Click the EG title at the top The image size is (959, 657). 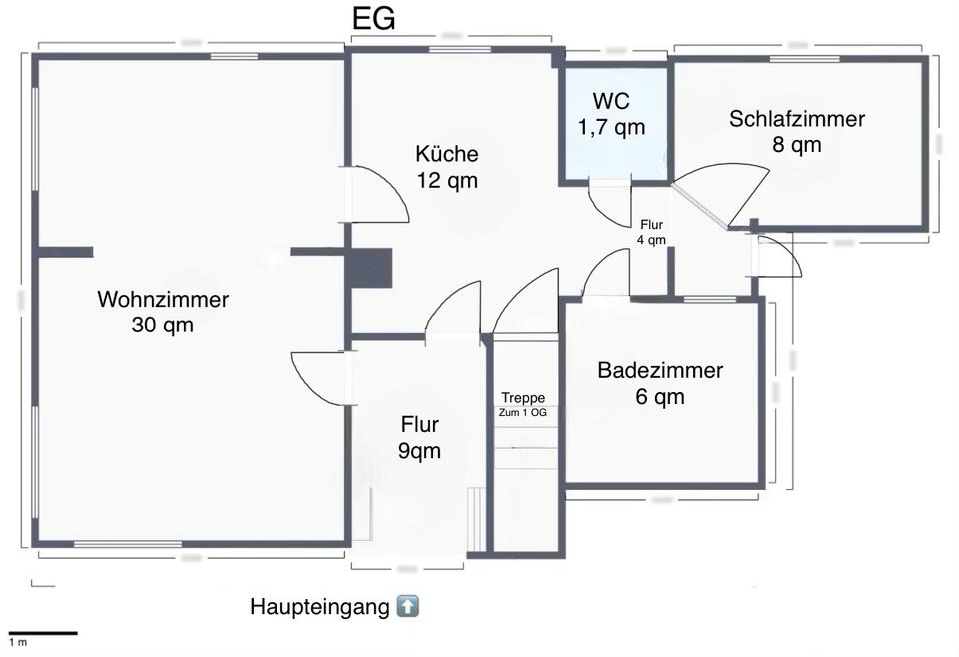[x=374, y=19]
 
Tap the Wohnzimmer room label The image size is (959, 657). [x=163, y=299]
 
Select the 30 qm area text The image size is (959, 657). [x=162, y=325]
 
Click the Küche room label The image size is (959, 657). [x=447, y=154]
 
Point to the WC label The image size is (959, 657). [x=611, y=101]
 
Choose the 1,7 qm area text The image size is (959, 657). [x=611, y=127]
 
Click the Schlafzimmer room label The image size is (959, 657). [x=796, y=119]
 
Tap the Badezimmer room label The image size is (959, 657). [x=660, y=371]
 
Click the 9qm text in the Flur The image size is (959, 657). [x=419, y=451]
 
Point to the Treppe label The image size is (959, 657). [x=523, y=397]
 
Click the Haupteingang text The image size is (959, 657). [x=319, y=607]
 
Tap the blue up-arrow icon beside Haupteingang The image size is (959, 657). [x=408, y=606]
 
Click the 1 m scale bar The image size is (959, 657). [x=42, y=632]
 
